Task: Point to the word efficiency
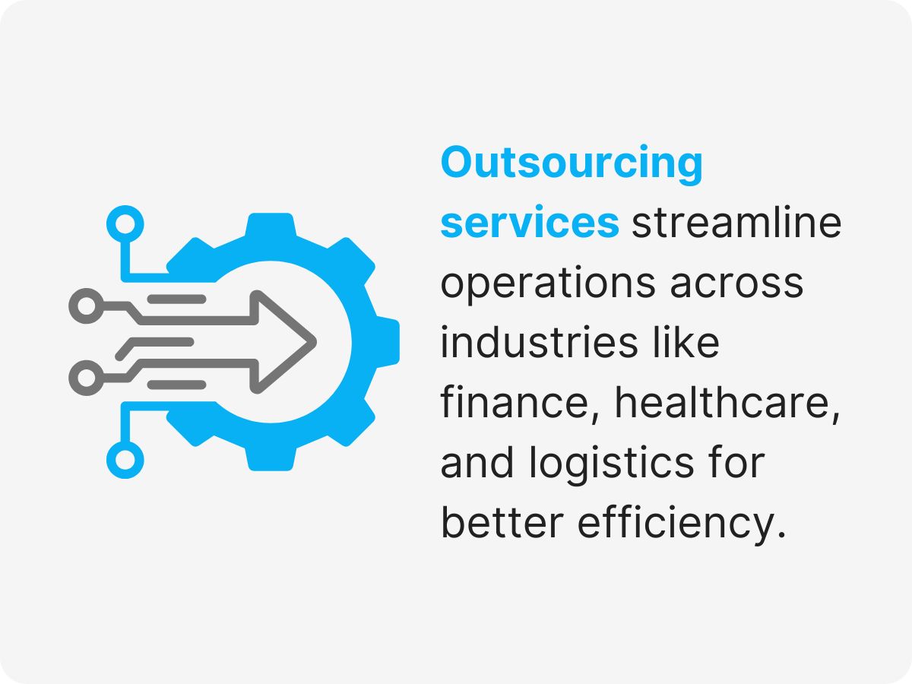[682, 523]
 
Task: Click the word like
[688, 343]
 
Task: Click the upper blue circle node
[125, 223]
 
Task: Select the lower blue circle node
[125, 460]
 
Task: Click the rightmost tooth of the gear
[387, 342]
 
